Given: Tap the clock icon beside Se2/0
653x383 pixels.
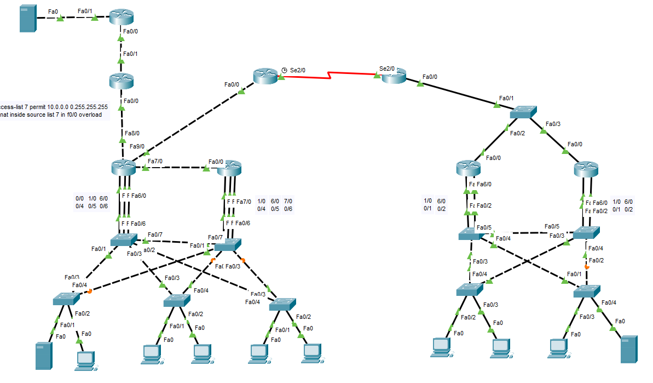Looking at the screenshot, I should click(x=284, y=70).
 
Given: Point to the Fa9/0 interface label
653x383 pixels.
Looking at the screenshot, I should click(x=137, y=146).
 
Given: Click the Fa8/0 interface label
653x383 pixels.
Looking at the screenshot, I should click(x=132, y=133).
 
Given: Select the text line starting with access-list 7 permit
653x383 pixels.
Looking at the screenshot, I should click(x=54, y=107).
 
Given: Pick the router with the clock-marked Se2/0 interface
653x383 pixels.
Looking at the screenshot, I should click(x=266, y=76).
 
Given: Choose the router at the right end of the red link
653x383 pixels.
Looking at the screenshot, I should click(x=394, y=76).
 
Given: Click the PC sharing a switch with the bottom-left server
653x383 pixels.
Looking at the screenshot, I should click(x=85, y=358).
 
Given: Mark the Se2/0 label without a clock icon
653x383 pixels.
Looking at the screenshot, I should click(x=387, y=69).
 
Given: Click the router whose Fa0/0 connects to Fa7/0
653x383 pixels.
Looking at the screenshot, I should click(x=229, y=168).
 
